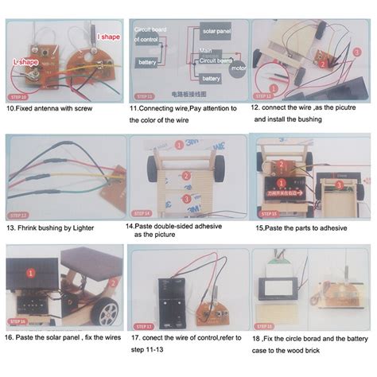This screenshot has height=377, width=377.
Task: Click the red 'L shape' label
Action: (x=28, y=61)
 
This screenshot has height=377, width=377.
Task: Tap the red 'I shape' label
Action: (x=109, y=37)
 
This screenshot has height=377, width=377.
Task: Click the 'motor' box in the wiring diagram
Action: (x=237, y=68)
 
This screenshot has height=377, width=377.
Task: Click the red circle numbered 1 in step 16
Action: (x=30, y=273)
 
